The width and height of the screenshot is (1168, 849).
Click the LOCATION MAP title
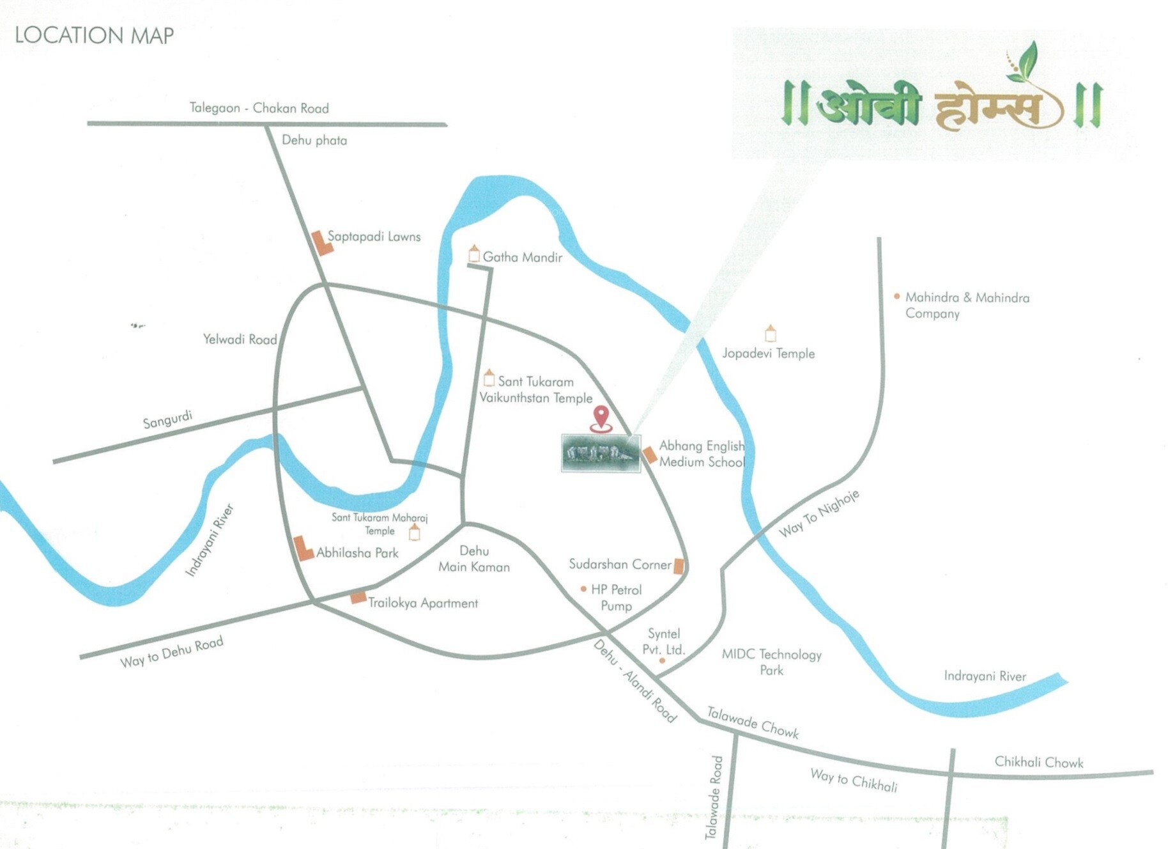coord(94,35)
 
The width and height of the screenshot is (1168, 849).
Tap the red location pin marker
coord(601,417)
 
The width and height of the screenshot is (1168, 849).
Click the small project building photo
coord(601,453)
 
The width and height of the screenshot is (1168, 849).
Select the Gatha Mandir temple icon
coord(474,254)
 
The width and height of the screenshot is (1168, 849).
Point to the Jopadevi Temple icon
coord(771,333)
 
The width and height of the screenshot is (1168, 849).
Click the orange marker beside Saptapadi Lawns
coord(321,243)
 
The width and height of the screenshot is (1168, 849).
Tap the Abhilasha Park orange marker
coord(302,549)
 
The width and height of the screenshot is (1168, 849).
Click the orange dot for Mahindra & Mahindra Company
coord(897,296)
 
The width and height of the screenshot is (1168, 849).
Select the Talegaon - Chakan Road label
coord(259,108)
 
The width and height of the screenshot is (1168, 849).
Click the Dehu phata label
coord(314,141)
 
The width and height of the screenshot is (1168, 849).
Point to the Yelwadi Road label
coord(240,339)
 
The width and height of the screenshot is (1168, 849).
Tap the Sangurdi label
coord(167,420)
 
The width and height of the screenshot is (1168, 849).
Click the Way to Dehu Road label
coord(171,652)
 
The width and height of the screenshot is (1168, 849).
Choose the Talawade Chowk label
coord(753,722)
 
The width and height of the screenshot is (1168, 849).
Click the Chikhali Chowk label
coord(1038,762)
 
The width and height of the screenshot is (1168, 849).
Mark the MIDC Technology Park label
coord(771,662)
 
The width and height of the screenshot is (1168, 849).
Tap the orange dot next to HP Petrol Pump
coord(583,589)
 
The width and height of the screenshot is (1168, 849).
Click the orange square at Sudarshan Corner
coord(679,566)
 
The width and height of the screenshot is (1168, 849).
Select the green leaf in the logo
coord(1024,63)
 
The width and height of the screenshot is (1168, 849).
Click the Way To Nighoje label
coord(818,513)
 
